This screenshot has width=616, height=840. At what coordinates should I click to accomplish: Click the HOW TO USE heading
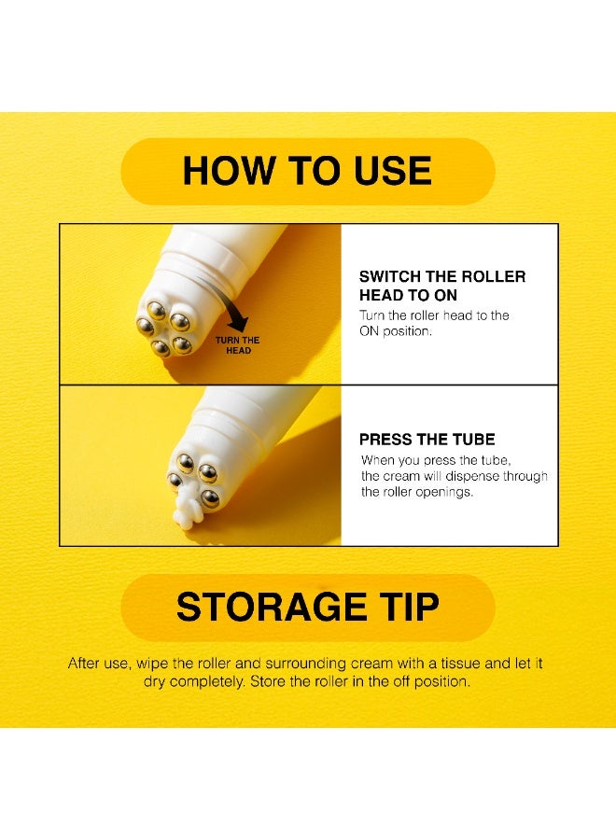pos(307,171)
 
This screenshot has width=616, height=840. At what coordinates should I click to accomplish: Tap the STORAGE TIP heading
pos(307,607)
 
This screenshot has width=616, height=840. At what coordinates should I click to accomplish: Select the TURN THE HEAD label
pos(238,345)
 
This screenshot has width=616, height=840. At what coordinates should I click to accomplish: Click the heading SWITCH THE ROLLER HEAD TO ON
pos(442,286)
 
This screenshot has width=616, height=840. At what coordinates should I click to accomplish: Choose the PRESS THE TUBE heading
pos(427,440)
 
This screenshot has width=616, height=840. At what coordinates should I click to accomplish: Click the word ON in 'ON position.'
pos(369,331)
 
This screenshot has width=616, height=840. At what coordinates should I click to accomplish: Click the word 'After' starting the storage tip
pos(84,664)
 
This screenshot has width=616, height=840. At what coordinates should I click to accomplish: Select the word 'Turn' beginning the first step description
pos(371,315)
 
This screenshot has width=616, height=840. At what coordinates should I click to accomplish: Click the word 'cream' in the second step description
pos(401,476)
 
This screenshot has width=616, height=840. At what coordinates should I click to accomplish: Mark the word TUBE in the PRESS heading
pos(473,440)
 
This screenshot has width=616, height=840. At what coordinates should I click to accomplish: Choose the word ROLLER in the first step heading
pos(494,276)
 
